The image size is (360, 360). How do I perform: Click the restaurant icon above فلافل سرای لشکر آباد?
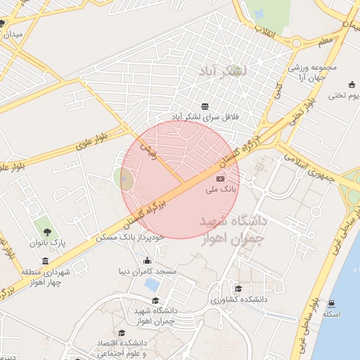pyautogui.click(x=205, y=105)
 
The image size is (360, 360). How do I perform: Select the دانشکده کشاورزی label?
pyautogui.click(x=238, y=300)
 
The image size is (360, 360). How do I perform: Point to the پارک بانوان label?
pyautogui.click(x=47, y=243)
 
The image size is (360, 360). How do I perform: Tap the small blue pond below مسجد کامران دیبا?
pyautogui.click(x=150, y=285)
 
